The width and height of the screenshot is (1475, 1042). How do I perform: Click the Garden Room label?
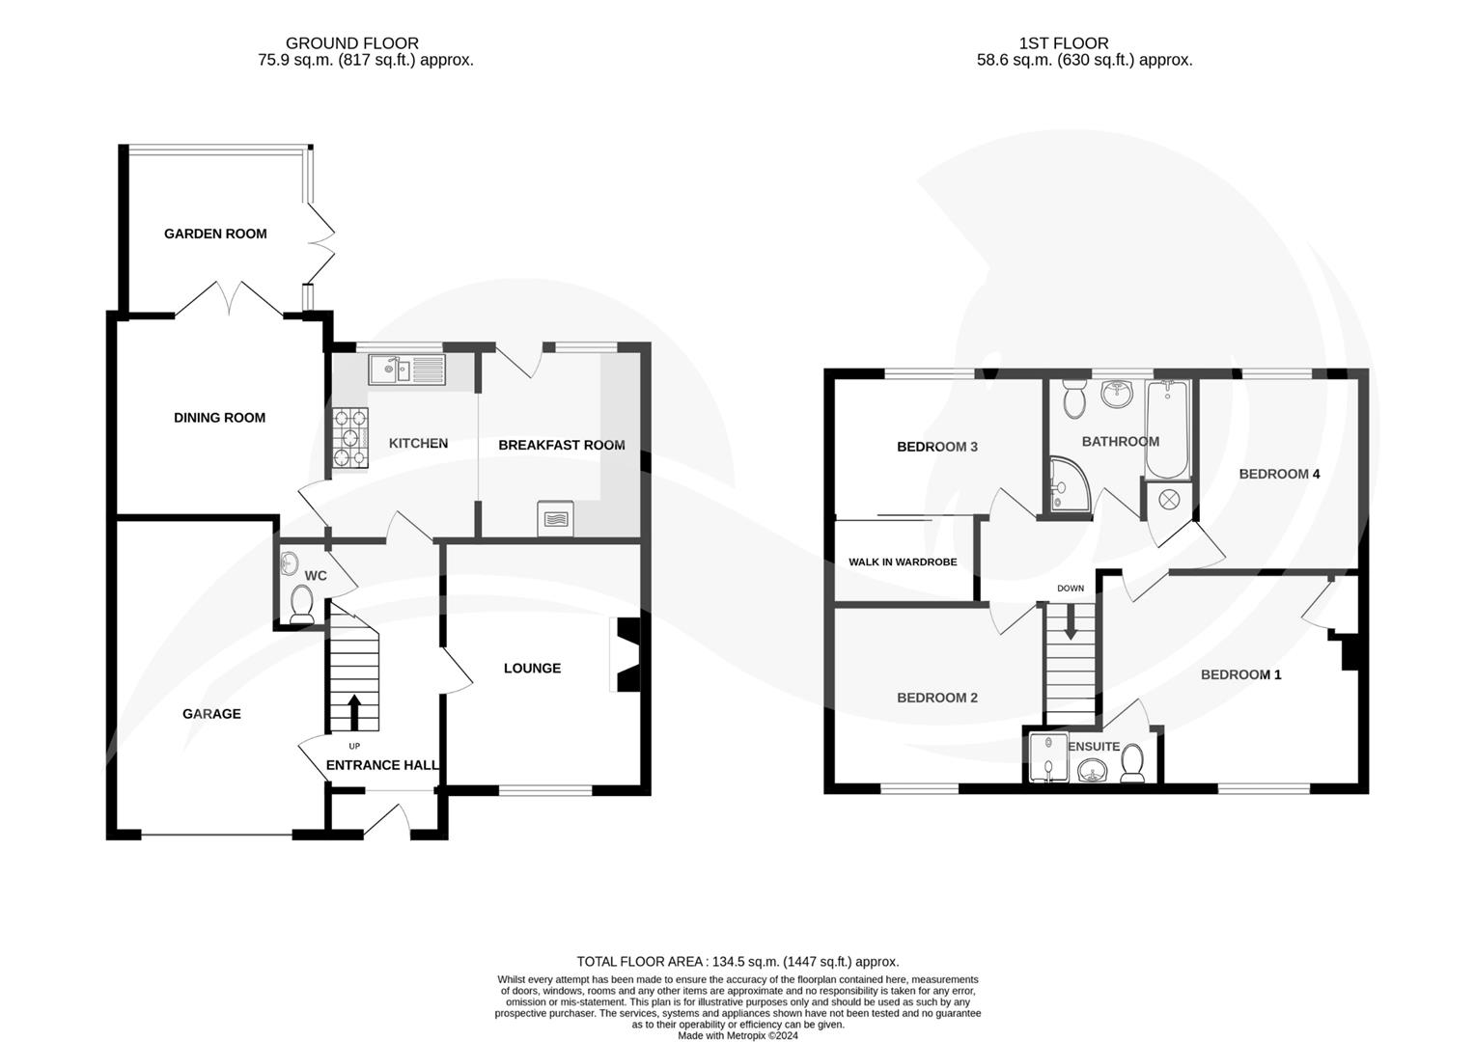tap(215, 233)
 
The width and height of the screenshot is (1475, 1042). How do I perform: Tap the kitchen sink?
tap(405, 369)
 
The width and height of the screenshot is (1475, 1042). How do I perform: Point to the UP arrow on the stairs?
tap(353, 712)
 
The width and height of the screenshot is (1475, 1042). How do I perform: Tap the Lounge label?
tap(532, 668)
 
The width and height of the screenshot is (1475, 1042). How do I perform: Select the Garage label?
tap(211, 714)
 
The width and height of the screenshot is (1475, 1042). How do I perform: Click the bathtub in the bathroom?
tap(1168, 428)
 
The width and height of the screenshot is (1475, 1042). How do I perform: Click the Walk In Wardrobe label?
tap(903, 562)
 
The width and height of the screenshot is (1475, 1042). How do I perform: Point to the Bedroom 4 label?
tap(1279, 474)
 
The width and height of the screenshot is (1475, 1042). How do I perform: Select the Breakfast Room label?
tap(562, 445)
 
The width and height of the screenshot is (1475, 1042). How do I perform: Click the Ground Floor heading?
tap(352, 43)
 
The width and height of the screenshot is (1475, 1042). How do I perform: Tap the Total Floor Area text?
tap(737, 961)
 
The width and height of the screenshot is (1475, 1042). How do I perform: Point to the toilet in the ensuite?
tap(1133, 765)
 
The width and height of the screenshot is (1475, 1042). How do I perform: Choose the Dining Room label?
tap(219, 418)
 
